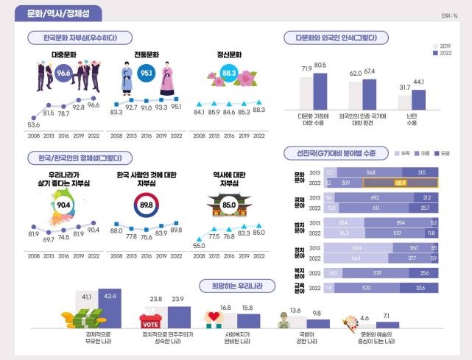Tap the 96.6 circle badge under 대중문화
tap(64, 73)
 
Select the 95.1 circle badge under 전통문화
tap(147, 74)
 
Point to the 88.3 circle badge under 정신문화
tap(229, 73)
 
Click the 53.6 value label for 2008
tap(34, 126)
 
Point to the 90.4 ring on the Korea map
tap(64, 205)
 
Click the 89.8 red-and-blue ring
tap(147, 206)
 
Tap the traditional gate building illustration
tap(229, 204)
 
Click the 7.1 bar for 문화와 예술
tap(387, 325)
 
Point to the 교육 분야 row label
tap(297, 287)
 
